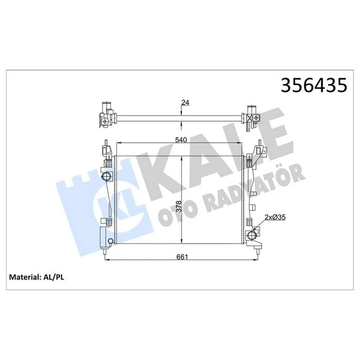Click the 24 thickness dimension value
pyautogui.click(x=185, y=103)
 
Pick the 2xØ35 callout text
pyautogui.click(x=275, y=217)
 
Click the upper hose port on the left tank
pyautogui.click(x=107, y=176)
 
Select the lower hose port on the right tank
pyautogui.click(x=252, y=236)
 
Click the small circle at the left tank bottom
pyautogui.click(x=110, y=240)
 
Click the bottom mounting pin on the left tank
pyautogui.click(x=104, y=254)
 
